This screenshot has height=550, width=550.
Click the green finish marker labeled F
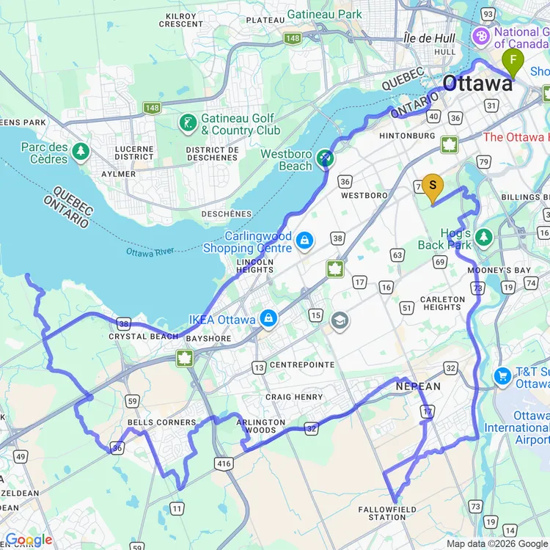pos(513,61)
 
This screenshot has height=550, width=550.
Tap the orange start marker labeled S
pos(433,186)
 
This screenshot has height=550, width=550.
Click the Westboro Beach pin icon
pos(325,157)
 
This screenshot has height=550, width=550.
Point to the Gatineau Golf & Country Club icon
pos(188,123)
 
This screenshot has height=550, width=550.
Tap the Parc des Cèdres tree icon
pos(81,152)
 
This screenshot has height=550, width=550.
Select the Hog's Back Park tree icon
pos(483,238)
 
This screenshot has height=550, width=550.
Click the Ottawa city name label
pos(477,84)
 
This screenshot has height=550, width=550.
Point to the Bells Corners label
pos(161,422)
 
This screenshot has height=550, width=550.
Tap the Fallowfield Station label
pos(387,513)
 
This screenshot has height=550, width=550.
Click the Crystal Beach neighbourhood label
pos(144,337)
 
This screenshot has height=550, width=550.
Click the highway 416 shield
pos(224,463)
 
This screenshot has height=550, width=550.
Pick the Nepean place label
pos(418,386)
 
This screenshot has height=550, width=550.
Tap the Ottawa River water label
pos(150,252)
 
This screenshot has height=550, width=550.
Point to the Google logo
pos(28,540)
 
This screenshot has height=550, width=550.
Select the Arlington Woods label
pos(261,427)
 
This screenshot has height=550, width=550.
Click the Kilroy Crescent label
pos(180,20)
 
